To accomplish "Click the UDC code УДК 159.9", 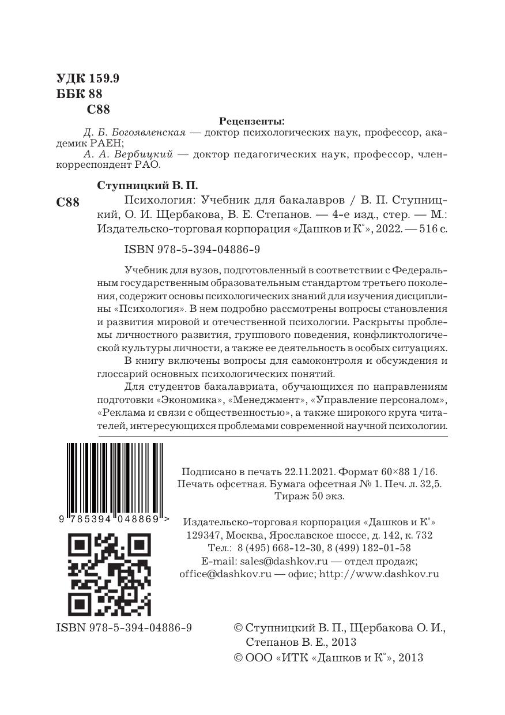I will click(88, 79).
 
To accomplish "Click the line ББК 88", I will click(80, 94).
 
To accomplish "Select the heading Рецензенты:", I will click(252, 121).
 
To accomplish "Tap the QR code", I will click(110, 574).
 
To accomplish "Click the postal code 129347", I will click(203, 535).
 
